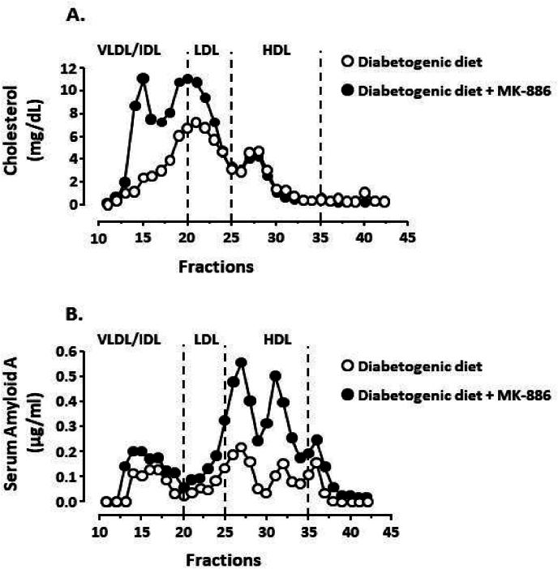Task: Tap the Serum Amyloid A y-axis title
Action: pos(20,430)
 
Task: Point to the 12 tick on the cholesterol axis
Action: pos(79,68)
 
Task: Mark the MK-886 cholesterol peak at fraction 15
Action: pos(144,79)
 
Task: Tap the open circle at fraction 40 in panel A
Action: pos(365,193)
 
